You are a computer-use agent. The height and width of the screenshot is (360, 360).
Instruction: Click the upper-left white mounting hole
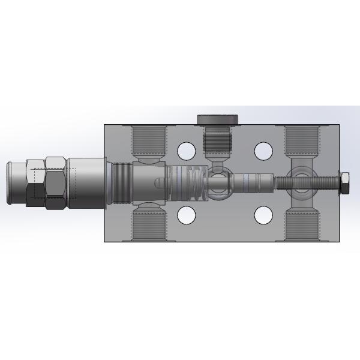(x=187, y=150)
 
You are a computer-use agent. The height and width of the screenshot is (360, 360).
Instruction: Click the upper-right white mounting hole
(x=263, y=150)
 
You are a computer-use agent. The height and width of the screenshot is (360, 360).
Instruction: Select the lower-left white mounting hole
(x=187, y=214)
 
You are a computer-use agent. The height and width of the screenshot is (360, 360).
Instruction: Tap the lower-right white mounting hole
(x=263, y=214)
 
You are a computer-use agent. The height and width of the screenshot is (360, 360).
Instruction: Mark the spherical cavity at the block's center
(x=218, y=184)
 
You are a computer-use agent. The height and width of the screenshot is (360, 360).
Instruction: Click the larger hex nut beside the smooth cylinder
(x=56, y=182)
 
